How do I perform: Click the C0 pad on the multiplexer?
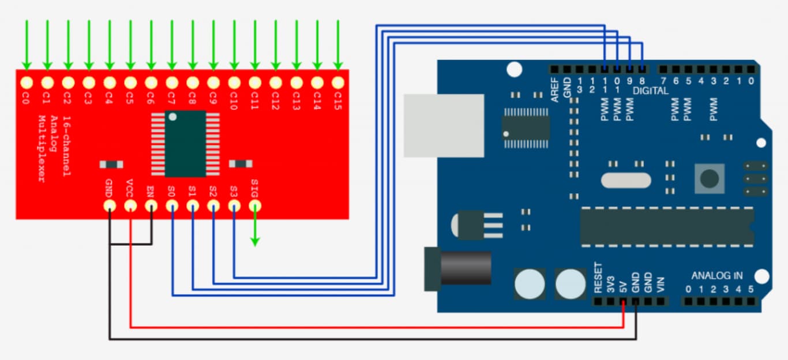(27, 82)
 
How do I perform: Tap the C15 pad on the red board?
(337, 82)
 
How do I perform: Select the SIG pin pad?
(254, 205)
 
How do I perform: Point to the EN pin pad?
(151, 205)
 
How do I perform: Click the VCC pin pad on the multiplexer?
(130, 205)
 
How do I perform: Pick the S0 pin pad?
(172, 205)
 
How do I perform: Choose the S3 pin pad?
(234, 205)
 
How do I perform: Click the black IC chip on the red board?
(185, 143)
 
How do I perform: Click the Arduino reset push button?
(710, 178)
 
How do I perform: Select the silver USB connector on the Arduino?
(443, 125)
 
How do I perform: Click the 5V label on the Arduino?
(623, 287)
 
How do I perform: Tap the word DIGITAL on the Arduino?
(651, 91)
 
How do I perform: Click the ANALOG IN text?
(717, 275)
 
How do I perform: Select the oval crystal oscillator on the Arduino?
(626, 181)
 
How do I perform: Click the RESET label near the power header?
(598, 278)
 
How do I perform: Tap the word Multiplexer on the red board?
(42, 149)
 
